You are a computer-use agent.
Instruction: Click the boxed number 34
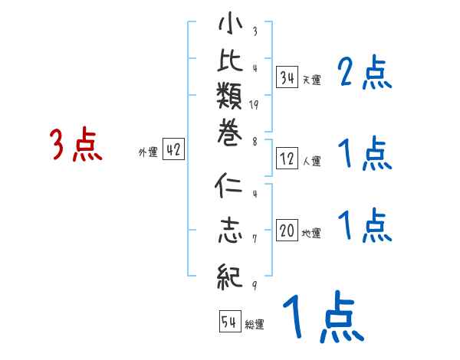(287, 77)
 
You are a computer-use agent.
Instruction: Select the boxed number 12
(287, 159)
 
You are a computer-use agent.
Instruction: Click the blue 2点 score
(365, 74)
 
